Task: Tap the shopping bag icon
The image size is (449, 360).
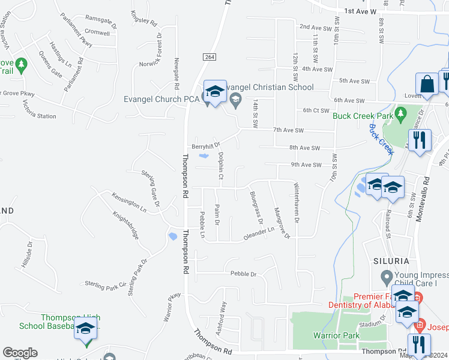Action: (427, 84)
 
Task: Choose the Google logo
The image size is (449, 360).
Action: (20, 353)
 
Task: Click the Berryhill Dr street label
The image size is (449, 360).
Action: (206, 146)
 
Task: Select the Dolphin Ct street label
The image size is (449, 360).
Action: (220, 166)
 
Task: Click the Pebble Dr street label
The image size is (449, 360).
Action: (244, 274)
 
